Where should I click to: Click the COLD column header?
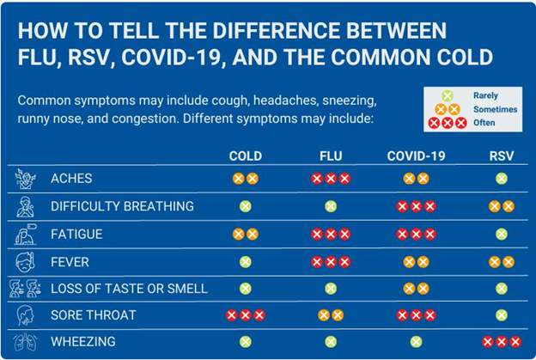(x=245, y=156)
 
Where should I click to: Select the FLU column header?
(x=330, y=156)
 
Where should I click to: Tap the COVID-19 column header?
(x=417, y=156)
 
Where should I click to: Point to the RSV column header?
(x=501, y=156)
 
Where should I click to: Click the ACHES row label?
(x=71, y=179)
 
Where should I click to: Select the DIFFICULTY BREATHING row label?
(x=122, y=206)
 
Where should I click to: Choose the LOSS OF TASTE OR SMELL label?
(x=129, y=289)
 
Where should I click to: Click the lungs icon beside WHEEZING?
(x=25, y=342)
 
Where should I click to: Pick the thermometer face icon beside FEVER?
(x=25, y=261)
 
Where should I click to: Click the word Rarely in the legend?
(x=485, y=95)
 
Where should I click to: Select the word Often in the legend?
(x=483, y=123)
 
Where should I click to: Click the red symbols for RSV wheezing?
(x=501, y=342)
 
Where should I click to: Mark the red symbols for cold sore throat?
(x=245, y=315)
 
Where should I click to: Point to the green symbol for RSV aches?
(x=501, y=179)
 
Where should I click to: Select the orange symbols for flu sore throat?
(x=330, y=315)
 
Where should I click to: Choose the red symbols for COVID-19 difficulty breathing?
(x=417, y=206)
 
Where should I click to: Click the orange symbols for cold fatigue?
(x=245, y=234)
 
